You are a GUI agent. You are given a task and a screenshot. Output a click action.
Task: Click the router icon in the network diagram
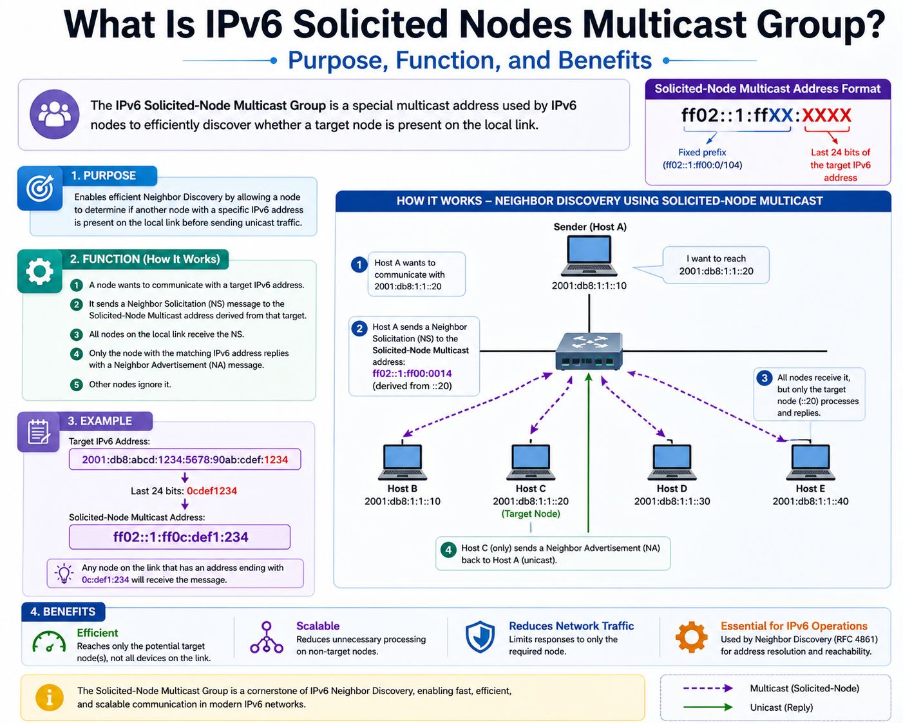point(589,351)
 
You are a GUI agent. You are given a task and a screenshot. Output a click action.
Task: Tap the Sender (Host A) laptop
point(589,255)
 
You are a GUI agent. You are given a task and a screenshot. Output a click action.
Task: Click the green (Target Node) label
point(531,514)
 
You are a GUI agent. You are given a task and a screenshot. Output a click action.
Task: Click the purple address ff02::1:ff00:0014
point(412,373)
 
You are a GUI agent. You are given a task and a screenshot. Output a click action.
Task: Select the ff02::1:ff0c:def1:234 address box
point(180,537)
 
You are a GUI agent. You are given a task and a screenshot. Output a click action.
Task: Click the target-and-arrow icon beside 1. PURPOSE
point(40,188)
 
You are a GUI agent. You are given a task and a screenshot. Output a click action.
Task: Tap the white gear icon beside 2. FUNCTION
point(40,271)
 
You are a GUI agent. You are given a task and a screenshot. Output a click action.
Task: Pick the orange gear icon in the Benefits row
point(691,637)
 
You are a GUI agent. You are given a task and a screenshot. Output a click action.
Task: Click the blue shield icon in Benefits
point(480,637)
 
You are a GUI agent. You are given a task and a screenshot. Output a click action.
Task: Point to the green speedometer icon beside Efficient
point(49,641)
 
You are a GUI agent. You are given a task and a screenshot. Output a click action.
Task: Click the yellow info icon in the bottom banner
point(50,697)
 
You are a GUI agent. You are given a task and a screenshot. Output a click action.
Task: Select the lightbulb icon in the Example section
point(64,573)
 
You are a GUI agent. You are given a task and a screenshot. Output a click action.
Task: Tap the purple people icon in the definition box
point(55,114)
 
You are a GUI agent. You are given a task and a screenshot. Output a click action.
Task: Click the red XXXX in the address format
point(826,115)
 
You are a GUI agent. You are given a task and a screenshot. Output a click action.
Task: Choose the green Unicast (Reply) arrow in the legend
point(708,707)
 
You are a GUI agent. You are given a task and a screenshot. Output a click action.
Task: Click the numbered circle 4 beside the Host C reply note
point(448,550)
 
